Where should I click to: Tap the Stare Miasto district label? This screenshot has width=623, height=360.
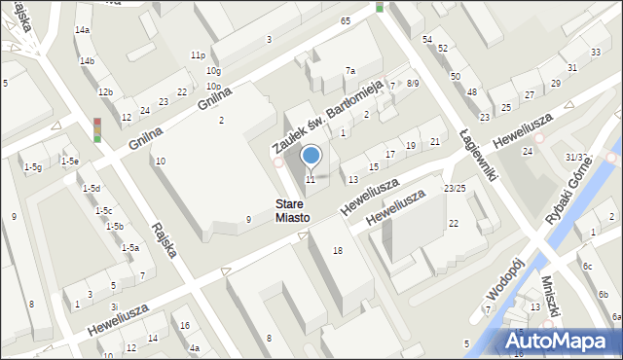[291, 211]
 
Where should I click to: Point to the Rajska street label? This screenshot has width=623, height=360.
[163, 238]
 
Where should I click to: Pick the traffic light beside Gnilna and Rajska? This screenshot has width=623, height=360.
[97, 129]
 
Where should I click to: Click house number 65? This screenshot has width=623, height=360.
[346, 20]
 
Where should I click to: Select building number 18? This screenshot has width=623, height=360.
[338, 251]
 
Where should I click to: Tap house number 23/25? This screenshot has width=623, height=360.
[455, 188]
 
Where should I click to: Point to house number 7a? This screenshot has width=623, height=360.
[350, 71]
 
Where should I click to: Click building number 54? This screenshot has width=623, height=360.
[427, 38]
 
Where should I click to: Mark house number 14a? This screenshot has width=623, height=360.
[83, 30]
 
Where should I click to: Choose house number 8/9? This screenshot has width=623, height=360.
[413, 84]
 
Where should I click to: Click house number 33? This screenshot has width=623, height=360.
[595, 52]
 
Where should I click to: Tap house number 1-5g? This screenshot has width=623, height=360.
[33, 167]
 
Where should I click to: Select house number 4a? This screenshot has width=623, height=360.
[195, 347]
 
